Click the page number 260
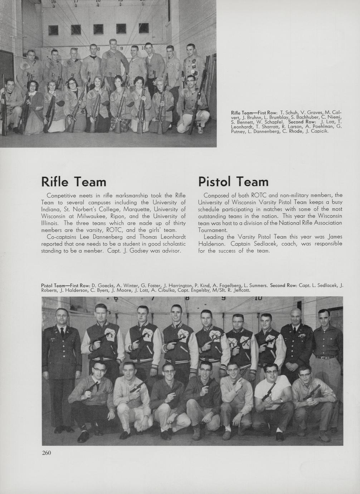(47, 453)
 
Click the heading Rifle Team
(74, 182)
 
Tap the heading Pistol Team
(233, 182)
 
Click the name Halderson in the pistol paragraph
(211, 244)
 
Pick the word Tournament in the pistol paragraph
(213, 230)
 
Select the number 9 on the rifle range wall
(121, 48)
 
